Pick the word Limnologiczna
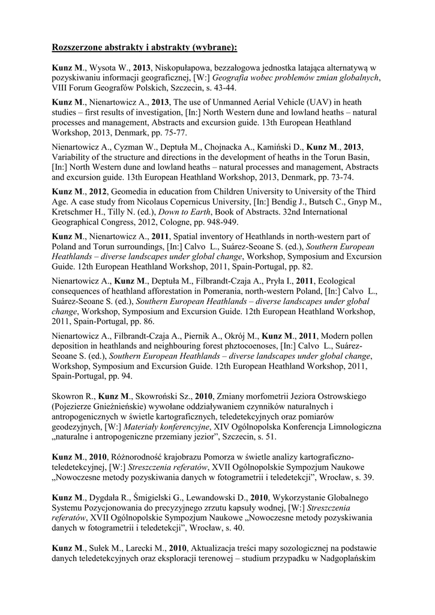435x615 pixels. click(351, 428)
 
